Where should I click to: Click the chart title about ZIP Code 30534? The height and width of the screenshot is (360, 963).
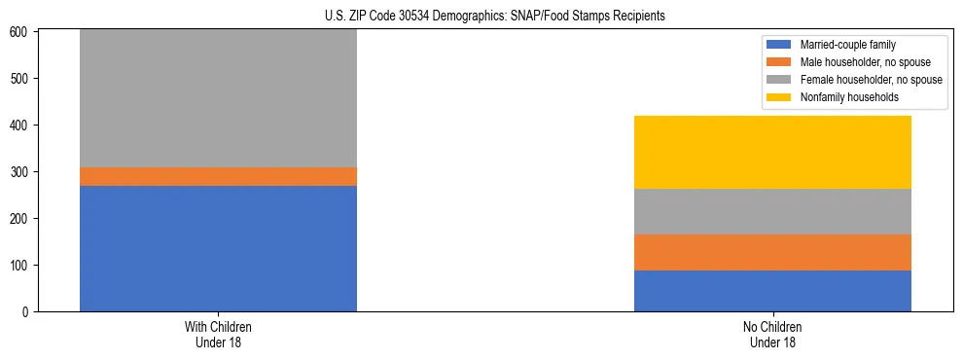[495, 17]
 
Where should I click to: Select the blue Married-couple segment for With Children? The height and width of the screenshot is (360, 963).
[218, 248]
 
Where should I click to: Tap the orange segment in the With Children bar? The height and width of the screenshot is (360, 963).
[218, 176]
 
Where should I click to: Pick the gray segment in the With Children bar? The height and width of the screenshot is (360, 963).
[218, 98]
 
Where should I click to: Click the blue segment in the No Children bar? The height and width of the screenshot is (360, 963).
[772, 291]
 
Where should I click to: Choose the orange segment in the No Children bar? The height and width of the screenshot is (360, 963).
[772, 252]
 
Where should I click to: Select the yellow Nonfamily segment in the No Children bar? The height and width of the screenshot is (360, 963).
[772, 152]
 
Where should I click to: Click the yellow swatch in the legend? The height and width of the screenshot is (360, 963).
[780, 97]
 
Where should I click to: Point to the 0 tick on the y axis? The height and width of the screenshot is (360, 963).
[27, 312]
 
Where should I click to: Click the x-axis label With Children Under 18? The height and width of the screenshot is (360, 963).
[218, 334]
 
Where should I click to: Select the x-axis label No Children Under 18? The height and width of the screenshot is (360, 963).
[772, 334]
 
